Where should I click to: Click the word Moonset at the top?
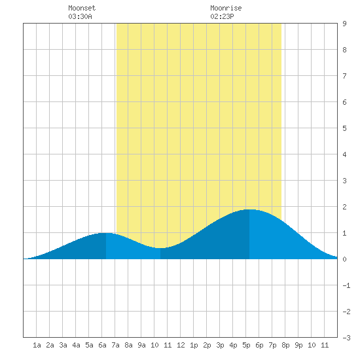(x=82, y=8)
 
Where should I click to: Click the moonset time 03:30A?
(x=80, y=16)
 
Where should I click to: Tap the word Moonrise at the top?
(x=226, y=8)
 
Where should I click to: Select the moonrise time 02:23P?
(x=222, y=16)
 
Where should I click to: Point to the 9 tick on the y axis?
(x=344, y=24)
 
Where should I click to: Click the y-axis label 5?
(x=344, y=128)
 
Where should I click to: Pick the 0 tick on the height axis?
(x=344, y=259)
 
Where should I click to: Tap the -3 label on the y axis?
(x=346, y=338)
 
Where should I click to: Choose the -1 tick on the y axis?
(x=346, y=285)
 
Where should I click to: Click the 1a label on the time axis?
(x=37, y=345)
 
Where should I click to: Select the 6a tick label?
(x=102, y=345)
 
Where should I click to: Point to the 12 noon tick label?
(x=181, y=345)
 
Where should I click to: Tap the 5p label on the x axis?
(x=246, y=345)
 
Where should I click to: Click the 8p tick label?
(x=285, y=345)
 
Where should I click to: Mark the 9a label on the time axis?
(x=141, y=345)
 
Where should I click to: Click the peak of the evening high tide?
(x=249, y=209)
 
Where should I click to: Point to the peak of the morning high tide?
(x=106, y=233)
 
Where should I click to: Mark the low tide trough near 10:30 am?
(x=160, y=248)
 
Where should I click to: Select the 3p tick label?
(x=220, y=345)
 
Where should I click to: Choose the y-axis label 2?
(x=344, y=207)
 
